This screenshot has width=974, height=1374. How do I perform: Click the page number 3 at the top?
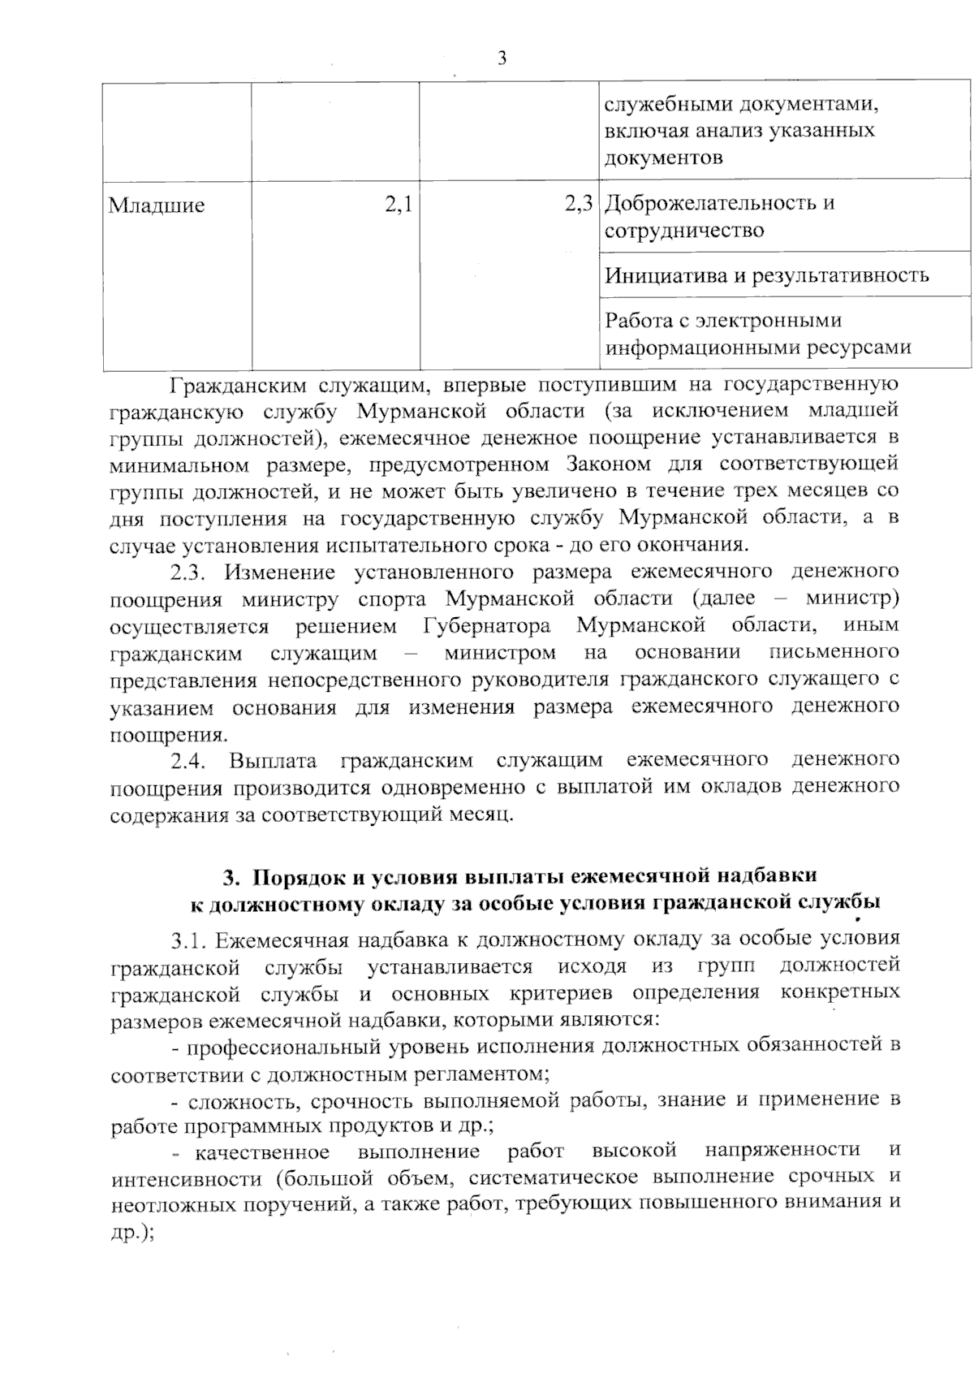tap(502, 58)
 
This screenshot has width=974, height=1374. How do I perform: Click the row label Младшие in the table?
tap(157, 205)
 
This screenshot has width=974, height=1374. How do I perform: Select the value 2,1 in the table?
tap(398, 205)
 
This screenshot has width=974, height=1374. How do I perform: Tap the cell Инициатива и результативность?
tap(767, 274)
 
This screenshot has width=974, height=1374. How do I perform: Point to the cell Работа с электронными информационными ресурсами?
tap(757, 334)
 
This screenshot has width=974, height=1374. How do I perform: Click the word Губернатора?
tap(486, 627)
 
